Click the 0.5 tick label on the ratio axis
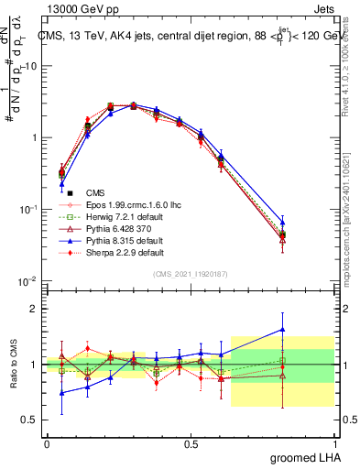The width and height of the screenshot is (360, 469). pos(32,420)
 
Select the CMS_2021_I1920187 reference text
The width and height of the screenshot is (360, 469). pos(191,274)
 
